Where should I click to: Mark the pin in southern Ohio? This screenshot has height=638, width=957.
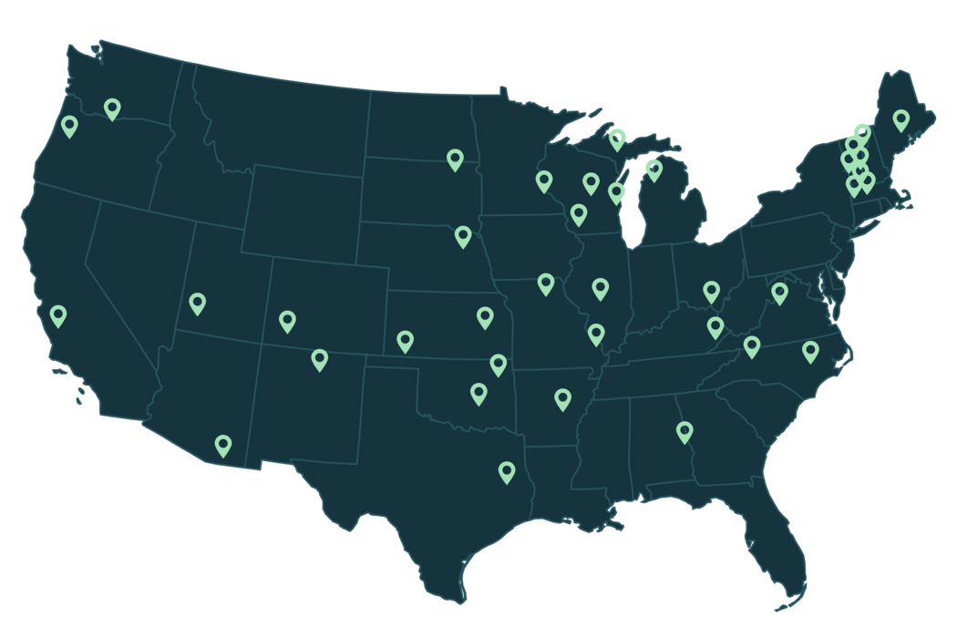coord(712,292)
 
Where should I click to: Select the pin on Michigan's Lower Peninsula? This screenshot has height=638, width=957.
coord(653,170)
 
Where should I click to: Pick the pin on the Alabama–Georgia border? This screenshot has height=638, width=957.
coord(684,431)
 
